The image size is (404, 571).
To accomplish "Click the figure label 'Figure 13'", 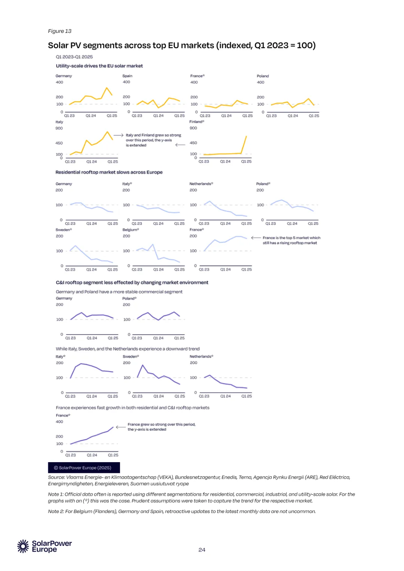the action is (60, 31).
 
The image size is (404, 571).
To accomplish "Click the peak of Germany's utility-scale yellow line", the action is (107, 88).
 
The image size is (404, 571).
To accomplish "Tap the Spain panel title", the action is (127, 76).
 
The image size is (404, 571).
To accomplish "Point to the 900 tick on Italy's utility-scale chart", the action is (59, 128).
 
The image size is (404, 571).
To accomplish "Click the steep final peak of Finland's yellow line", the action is (246, 136).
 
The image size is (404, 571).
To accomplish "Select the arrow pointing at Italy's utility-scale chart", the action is (118, 135).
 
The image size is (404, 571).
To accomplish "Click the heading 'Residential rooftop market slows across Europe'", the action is (109, 172).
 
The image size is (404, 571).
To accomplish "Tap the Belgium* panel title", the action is (131, 230).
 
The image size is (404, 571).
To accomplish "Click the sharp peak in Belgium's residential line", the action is (153, 245).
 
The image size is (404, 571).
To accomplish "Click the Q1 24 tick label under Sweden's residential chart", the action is (91, 270).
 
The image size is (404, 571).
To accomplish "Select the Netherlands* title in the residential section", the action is (201, 184).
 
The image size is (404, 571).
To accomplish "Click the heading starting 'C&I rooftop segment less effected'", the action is (132, 282).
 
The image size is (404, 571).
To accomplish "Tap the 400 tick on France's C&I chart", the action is (59, 422).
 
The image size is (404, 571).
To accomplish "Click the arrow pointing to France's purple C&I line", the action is (120, 427).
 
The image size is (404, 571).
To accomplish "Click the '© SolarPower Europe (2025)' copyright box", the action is (84, 467).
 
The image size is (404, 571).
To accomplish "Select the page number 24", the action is (202, 550).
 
